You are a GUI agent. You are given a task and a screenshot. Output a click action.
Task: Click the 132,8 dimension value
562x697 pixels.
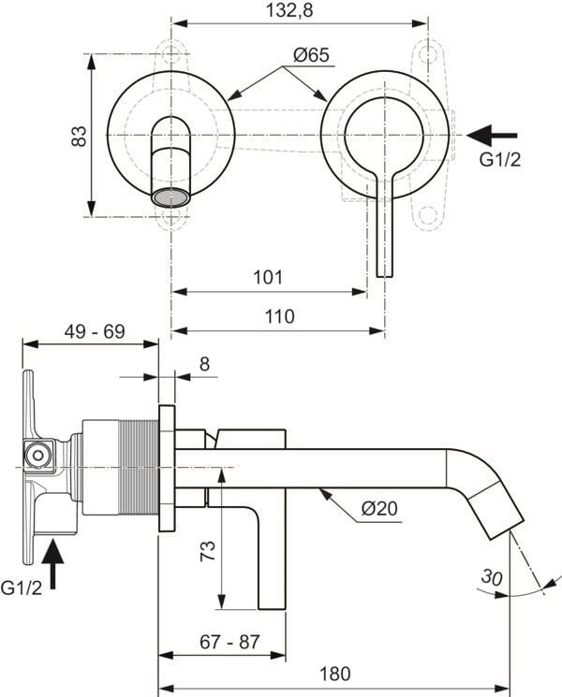tap(289, 9)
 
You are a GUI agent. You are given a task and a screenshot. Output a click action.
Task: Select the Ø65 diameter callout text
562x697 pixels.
tap(312, 55)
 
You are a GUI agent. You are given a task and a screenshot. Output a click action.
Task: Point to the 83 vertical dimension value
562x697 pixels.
tap(80, 136)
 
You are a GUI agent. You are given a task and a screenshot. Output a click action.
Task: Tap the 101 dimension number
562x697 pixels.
tap(268, 277)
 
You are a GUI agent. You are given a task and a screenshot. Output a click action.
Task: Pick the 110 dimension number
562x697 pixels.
tap(280, 316)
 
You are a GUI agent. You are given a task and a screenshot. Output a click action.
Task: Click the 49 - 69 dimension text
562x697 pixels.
tap(95, 331)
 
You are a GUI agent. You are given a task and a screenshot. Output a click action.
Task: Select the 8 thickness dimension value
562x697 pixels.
tap(204, 364)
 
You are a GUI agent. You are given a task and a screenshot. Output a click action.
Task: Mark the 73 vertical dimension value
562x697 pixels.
tap(208, 550)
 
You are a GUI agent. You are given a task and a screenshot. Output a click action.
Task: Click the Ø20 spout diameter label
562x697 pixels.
tap(379, 509)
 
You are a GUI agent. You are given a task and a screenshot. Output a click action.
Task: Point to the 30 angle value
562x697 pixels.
tap(492, 577)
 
